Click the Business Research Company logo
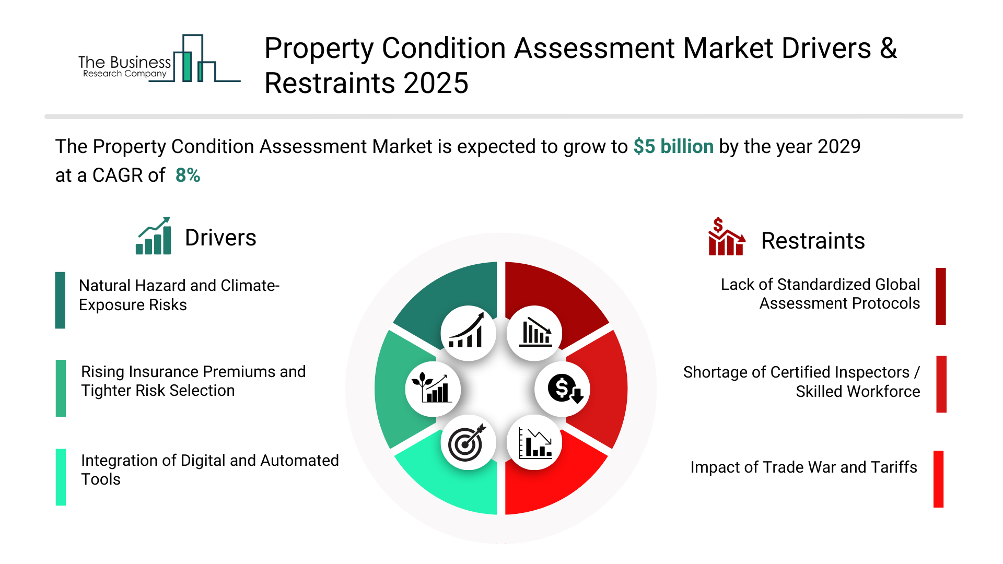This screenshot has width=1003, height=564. tap(159, 58)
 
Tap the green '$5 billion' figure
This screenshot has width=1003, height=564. tap(673, 147)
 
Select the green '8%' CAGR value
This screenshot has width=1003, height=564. tap(188, 175)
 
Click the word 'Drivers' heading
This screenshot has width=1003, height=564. tap(220, 238)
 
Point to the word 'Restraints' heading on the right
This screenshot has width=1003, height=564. tap(813, 241)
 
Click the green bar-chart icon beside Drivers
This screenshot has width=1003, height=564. tap(154, 236)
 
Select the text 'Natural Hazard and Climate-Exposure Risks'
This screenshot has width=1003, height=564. tap(179, 295)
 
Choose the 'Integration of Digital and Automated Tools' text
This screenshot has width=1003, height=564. tap(210, 469)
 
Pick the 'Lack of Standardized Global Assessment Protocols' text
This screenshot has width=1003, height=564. tap(820, 294)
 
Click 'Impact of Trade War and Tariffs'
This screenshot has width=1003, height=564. tap(804, 467)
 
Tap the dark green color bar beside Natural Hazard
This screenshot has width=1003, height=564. tap(60, 300)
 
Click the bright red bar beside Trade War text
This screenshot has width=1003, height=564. tap(939, 479)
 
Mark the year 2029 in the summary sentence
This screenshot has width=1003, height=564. tap(839, 147)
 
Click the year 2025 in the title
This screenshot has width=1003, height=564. tap(436, 84)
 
